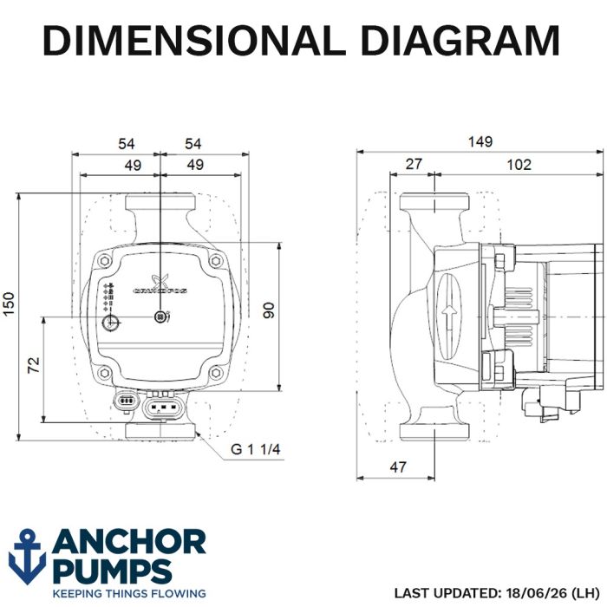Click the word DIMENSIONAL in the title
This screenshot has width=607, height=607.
point(193,41)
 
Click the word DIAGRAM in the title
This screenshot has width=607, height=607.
point(460,41)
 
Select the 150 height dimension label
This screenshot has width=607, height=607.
point(9,304)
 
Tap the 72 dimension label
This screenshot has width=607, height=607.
point(34,365)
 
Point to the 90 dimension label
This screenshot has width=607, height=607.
point(268,310)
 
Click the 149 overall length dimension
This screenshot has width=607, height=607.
point(480,141)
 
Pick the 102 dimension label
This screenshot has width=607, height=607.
point(519,165)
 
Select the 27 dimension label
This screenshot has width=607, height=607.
point(414,164)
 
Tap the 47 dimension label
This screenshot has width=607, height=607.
point(398,467)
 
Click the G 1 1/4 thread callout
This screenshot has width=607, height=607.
point(256,449)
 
